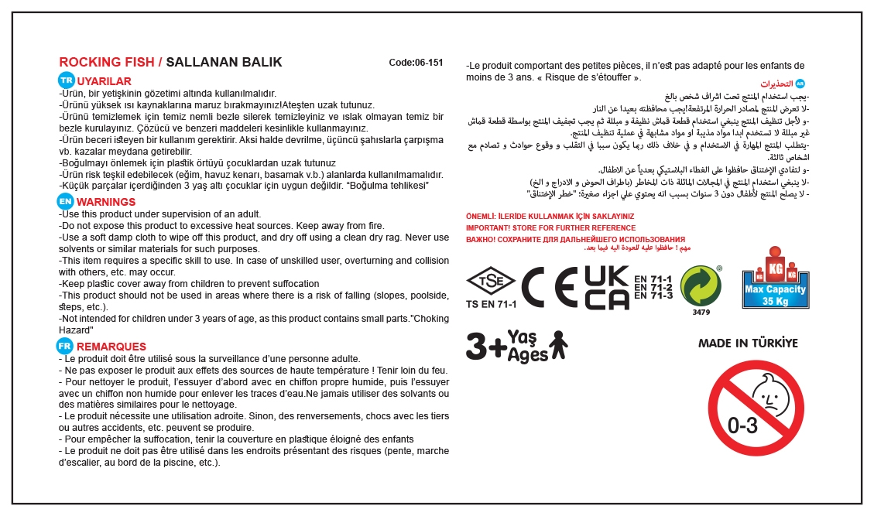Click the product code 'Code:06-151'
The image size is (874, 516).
point(416,63)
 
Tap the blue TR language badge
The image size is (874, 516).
point(67,80)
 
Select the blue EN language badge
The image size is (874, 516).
point(67,201)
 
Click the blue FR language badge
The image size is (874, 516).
point(67,346)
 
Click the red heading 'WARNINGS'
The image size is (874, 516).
point(107,202)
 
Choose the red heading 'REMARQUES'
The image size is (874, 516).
point(111,347)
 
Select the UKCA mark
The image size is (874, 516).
point(606,285)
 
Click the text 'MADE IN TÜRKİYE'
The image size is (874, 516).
point(747,343)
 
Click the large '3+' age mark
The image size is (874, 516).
point(485,347)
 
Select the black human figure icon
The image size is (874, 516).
point(557,345)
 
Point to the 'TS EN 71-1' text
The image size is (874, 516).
point(491,306)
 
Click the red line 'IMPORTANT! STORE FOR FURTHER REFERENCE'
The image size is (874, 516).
point(550,228)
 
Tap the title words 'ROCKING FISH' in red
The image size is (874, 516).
point(106,63)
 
